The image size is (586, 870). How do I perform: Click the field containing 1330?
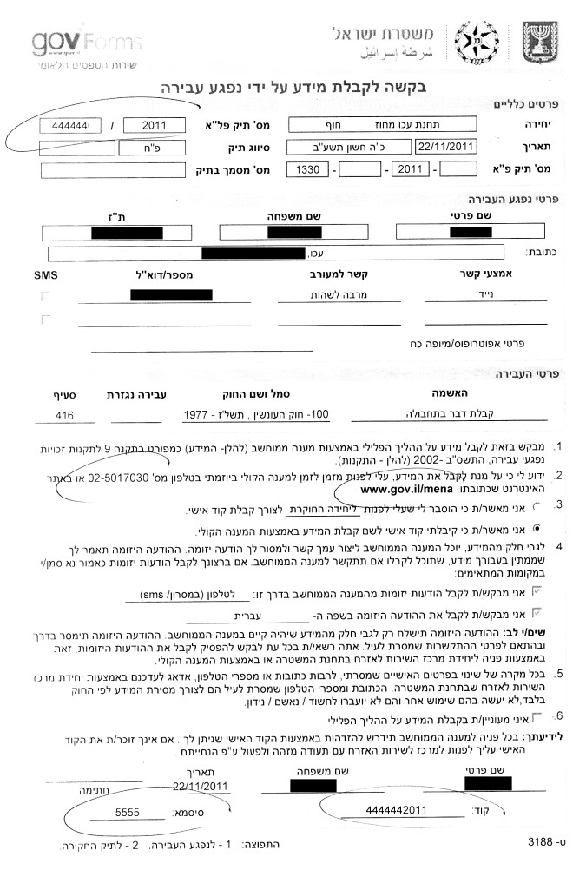click(x=307, y=168)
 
